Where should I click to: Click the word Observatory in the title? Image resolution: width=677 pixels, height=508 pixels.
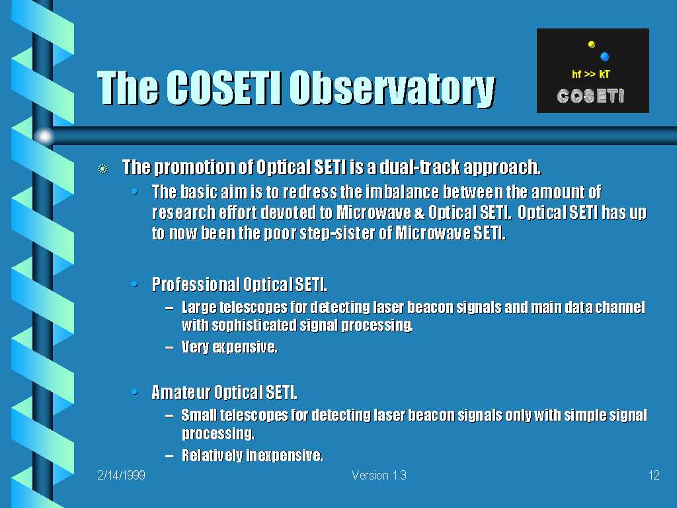[392, 88]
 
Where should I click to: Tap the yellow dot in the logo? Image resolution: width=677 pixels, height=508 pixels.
[592, 44]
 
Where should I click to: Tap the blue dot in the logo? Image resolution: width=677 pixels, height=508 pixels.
[604, 56]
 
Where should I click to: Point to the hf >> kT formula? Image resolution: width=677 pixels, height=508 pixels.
[590, 74]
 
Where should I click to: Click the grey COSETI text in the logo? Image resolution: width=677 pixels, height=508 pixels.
[590, 96]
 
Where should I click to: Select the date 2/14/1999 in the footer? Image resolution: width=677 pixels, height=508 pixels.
[122, 475]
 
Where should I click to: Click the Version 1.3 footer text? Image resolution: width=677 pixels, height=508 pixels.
[379, 475]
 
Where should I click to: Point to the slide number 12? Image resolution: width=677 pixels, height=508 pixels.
[654, 475]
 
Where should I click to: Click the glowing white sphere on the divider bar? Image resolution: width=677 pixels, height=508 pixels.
[44, 136]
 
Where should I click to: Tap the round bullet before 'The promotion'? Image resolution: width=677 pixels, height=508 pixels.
[102, 169]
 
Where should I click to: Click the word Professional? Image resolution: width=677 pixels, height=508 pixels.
[196, 284]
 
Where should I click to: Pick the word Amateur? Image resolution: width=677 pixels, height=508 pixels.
[180, 392]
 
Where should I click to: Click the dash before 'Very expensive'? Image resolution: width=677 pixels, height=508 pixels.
[169, 347]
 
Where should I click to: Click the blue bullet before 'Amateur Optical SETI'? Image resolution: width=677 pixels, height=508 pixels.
[134, 392]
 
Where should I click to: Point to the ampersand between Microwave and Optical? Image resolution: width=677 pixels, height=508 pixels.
[419, 212]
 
